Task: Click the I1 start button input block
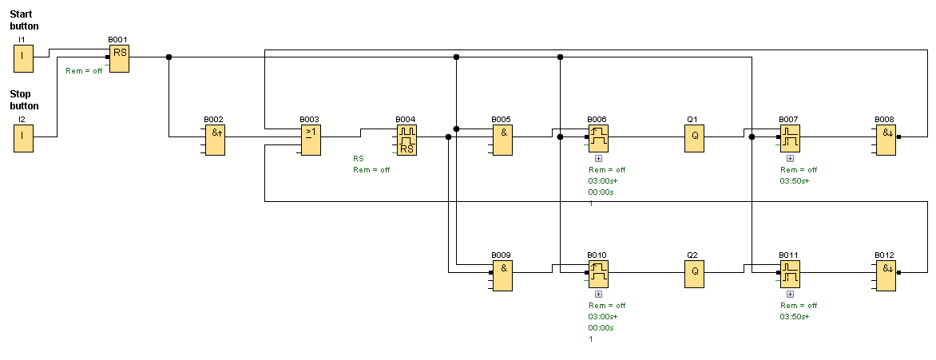[x=23, y=58]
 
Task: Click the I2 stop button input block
[x=23, y=138]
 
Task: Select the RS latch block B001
[x=119, y=57]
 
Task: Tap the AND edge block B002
[x=215, y=139]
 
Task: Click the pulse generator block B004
[x=407, y=139]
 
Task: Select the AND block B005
[x=502, y=139]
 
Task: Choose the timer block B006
[x=598, y=139]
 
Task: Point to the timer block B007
[x=790, y=139]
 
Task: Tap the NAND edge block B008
[x=886, y=139]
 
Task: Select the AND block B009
[x=502, y=275]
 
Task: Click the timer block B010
[x=598, y=275]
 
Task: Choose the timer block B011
[x=790, y=275]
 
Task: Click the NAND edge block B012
[x=886, y=275]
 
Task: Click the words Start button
[x=24, y=20]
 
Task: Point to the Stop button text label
[x=24, y=100]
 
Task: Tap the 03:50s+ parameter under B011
[x=795, y=317]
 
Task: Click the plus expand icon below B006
[x=598, y=159]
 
